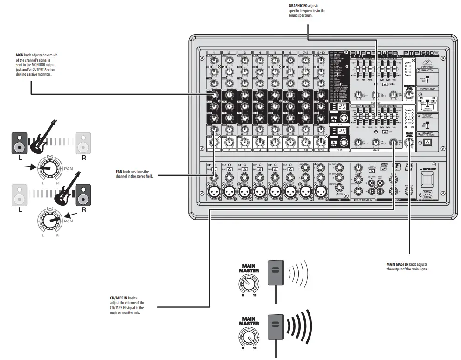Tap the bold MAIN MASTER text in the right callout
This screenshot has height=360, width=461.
click(398, 264)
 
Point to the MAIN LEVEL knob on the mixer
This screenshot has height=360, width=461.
click(409, 144)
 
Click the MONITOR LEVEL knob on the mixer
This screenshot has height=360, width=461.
click(409, 95)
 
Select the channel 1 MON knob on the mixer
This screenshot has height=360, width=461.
click(213, 96)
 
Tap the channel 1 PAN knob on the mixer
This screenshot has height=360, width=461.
click(213, 129)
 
